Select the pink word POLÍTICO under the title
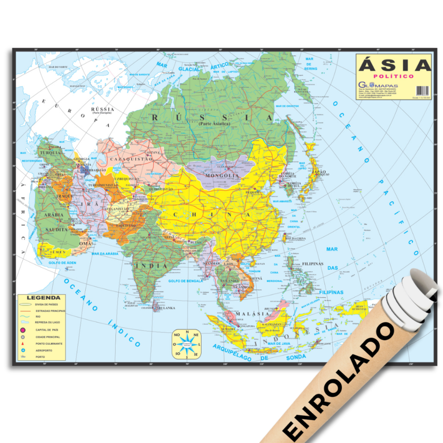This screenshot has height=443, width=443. [x=395, y=77]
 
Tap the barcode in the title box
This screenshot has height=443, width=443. [x=422, y=90]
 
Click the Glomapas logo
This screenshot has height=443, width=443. [x=378, y=85]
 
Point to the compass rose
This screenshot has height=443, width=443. [x=187, y=344]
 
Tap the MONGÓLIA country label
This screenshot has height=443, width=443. [x=222, y=176]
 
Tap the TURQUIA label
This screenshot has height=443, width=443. [x=50, y=153]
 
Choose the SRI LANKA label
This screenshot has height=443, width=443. [x=167, y=308]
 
